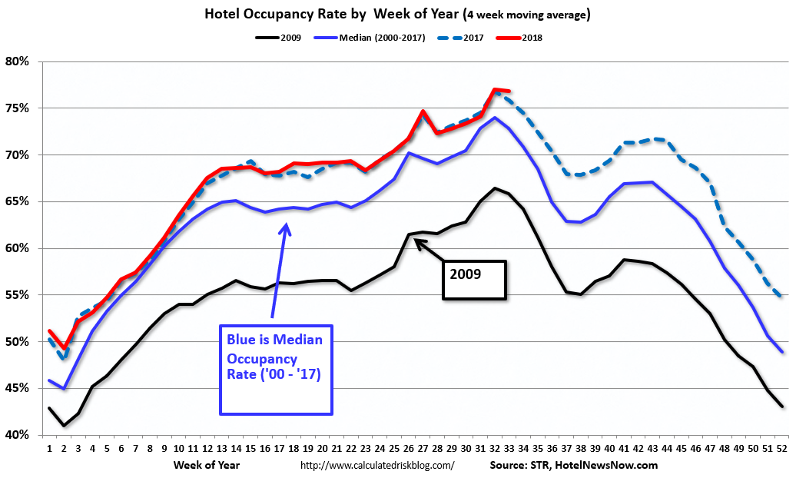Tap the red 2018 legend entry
click(x=531, y=37)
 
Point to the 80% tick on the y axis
click(x=16, y=61)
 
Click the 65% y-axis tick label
click(x=16, y=202)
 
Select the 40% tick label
click(x=16, y=435)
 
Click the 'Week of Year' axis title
click(x=206, y=465)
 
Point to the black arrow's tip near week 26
click(x=415, y=241)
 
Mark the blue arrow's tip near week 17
click(x=286, y=224)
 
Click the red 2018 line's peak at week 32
click(x=495, y=89)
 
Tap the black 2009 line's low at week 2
click(x=63, y=426)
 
